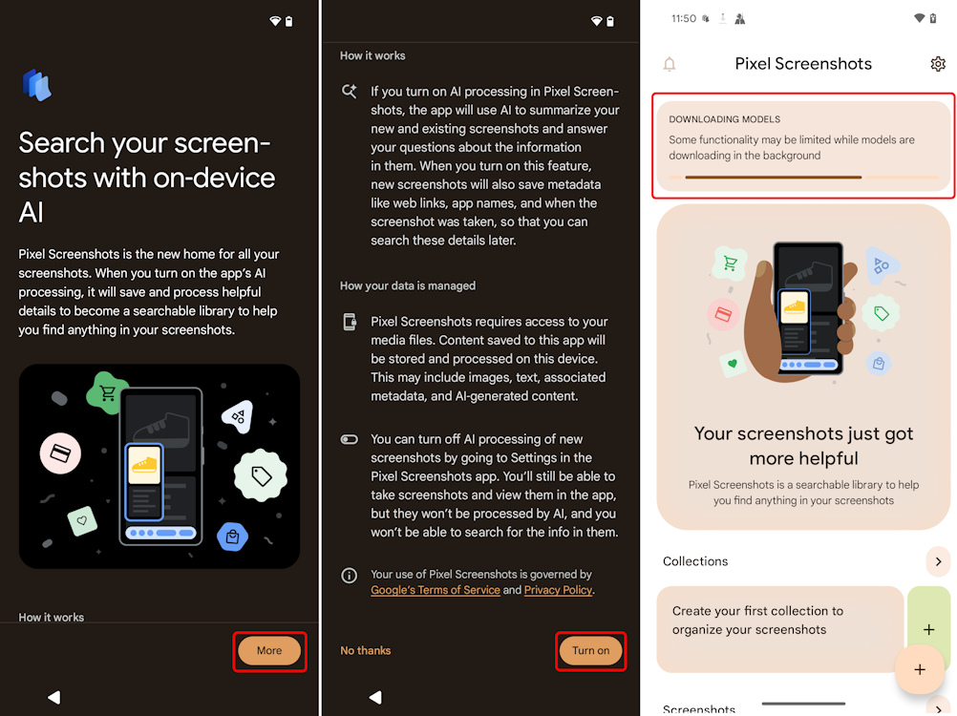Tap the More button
point(269,650)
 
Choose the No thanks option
point(365,650)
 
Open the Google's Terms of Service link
point(436,590)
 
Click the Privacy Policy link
point(558,590)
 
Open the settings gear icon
point(938,64)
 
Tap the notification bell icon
point(670,64)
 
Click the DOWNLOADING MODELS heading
point(724,119)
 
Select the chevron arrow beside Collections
point(938,561)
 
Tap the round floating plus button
point(920,669)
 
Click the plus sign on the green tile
point(928,629)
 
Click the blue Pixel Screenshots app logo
point(36,85)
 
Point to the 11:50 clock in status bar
point(683,18)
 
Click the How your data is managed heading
point(408,285)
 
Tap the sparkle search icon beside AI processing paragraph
point(350,92)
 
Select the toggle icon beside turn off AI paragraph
point(350,440)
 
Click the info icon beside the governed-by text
point(350,576)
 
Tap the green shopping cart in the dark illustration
point(107,392)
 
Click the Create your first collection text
point(757,620)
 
